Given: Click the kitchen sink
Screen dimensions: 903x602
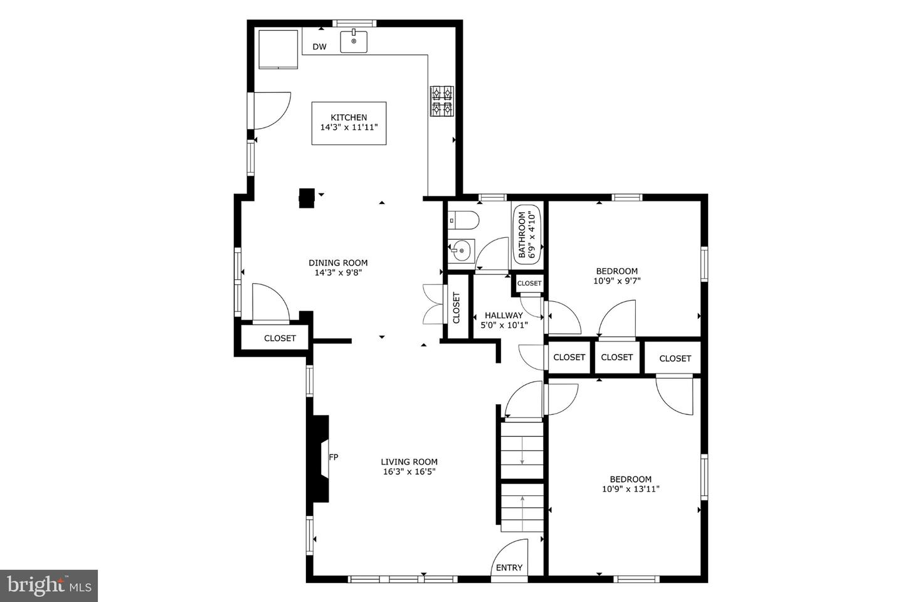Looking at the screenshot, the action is [354, 41].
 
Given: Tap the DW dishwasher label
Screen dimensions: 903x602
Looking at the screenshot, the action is [319, 47].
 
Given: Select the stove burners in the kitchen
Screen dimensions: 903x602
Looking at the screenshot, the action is [442, 101].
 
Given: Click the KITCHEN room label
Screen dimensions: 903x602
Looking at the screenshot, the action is [349, 117].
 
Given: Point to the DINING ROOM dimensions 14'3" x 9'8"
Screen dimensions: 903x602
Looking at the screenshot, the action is [338, 273].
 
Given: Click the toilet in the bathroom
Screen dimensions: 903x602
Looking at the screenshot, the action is [463, 220].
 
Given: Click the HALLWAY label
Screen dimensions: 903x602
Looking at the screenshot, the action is [504, 315].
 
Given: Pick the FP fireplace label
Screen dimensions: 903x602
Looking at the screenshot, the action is [334, 457].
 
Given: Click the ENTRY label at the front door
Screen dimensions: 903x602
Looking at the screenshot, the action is [509, 567].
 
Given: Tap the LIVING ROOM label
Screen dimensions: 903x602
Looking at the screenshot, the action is [409, 461].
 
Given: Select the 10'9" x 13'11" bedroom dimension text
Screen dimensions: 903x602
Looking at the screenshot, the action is [631, 489].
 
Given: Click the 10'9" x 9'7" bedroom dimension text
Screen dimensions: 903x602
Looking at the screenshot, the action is [617, 281].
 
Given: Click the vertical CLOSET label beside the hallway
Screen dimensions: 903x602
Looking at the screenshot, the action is [457, 308].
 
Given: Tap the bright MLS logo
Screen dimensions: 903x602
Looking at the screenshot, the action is [49, 586].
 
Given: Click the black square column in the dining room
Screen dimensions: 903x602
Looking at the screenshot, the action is [307, 198].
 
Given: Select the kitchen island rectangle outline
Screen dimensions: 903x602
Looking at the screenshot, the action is [349, 123].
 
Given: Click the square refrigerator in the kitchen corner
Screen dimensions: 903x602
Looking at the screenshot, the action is [278, 49].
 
